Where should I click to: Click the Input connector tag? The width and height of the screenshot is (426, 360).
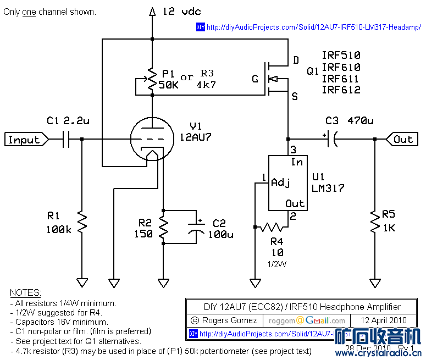tap(25, 140)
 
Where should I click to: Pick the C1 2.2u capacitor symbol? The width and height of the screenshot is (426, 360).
tap(65, 140)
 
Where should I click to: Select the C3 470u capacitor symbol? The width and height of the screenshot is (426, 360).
tap(331, 140)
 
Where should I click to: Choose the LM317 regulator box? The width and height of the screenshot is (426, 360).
tap(286, 183)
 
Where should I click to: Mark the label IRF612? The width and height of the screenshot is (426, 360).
tap(341, 90)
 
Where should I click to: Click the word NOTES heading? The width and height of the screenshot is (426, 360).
tap(25, 293)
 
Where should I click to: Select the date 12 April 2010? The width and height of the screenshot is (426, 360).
tap(384, 320)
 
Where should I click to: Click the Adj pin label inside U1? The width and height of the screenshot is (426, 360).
tap(281, 182)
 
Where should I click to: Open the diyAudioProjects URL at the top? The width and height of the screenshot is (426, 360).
tap(313, 27)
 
